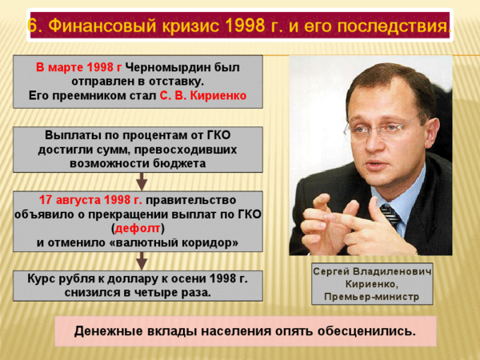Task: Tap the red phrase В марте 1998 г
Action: (x=78, y=67)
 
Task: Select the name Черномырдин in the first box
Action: (x=162, y=67)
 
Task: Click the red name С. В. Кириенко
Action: (x=203, y=96)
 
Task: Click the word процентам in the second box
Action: (x=154, y=135)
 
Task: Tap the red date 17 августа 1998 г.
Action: (x=90, y=200)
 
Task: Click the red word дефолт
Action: (x=138, y=228)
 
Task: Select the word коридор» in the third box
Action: (x=210, y=242)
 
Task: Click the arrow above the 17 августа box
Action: (x=142, y=182)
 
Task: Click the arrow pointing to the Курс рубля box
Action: (x=142, y=261)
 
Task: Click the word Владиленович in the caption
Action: (x=392, y=271)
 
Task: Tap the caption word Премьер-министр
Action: (x=372, y=297)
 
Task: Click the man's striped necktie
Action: (x=390, y=214)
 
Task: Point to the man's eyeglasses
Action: (x=379, y=128)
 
